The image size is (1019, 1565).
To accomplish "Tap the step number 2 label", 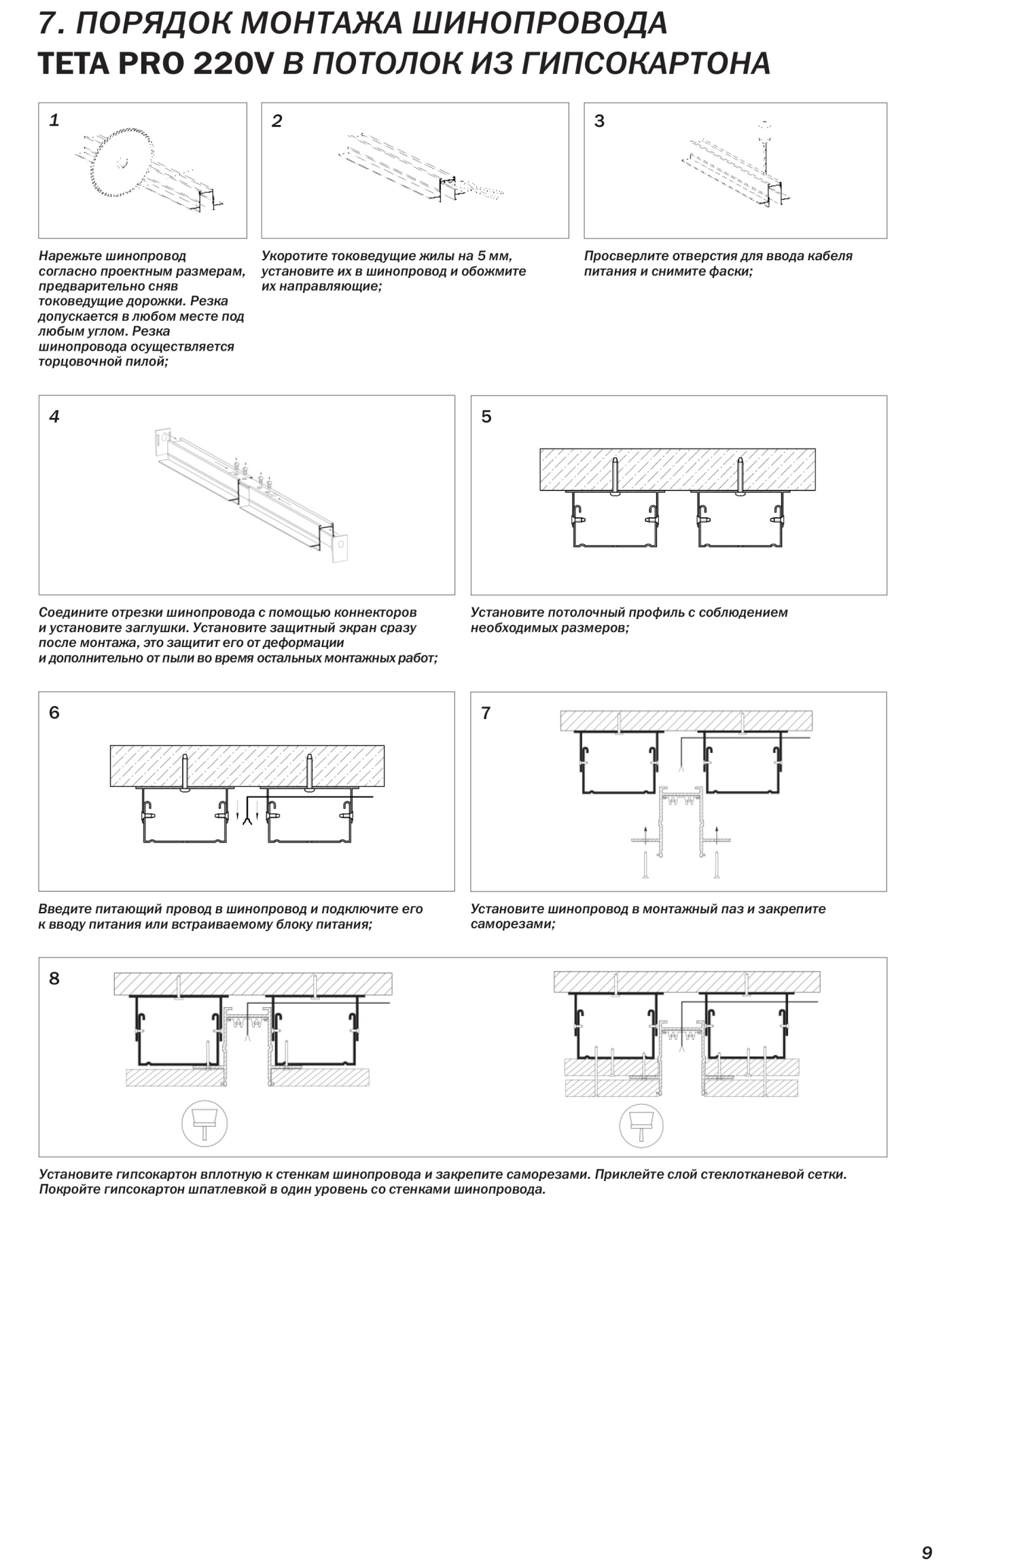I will (276, 122).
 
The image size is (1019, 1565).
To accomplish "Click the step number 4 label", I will (54, 417).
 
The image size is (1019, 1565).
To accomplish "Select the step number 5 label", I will (486, 417).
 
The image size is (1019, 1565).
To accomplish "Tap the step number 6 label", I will (54, 713).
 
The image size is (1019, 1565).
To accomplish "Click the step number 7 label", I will (486, 713).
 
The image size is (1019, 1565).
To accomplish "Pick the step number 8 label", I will (54, 979).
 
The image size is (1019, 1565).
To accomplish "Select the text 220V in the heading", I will (233, 64).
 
